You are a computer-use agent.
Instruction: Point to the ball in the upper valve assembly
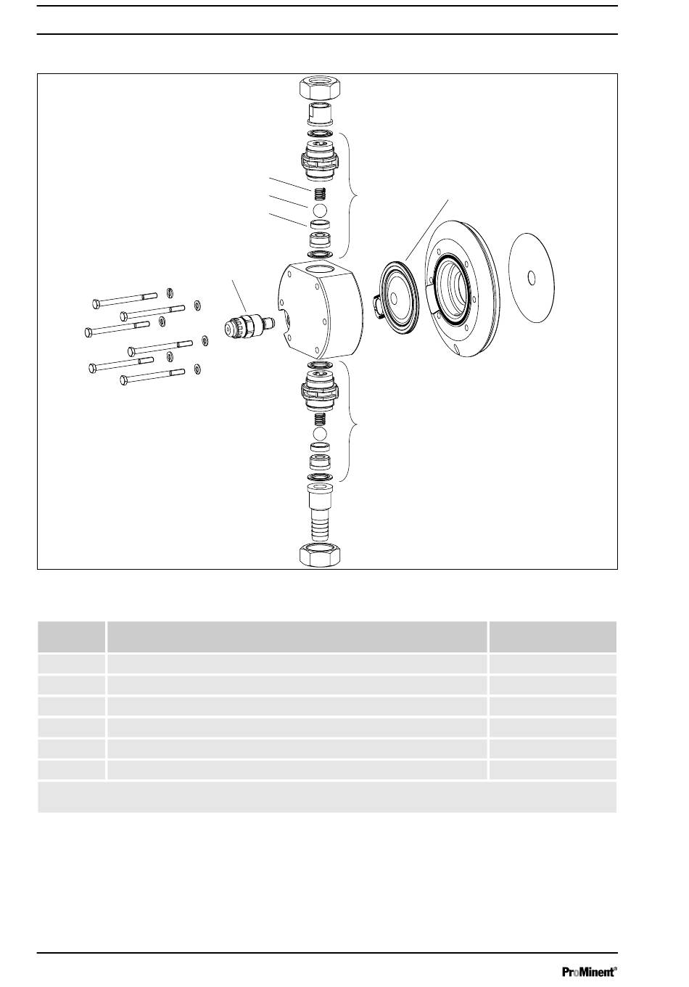320,209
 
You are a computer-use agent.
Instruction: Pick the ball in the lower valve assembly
320,433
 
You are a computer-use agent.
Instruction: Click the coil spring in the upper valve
320,194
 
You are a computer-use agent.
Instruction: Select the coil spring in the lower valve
320,419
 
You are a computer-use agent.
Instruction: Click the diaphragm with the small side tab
395,295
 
